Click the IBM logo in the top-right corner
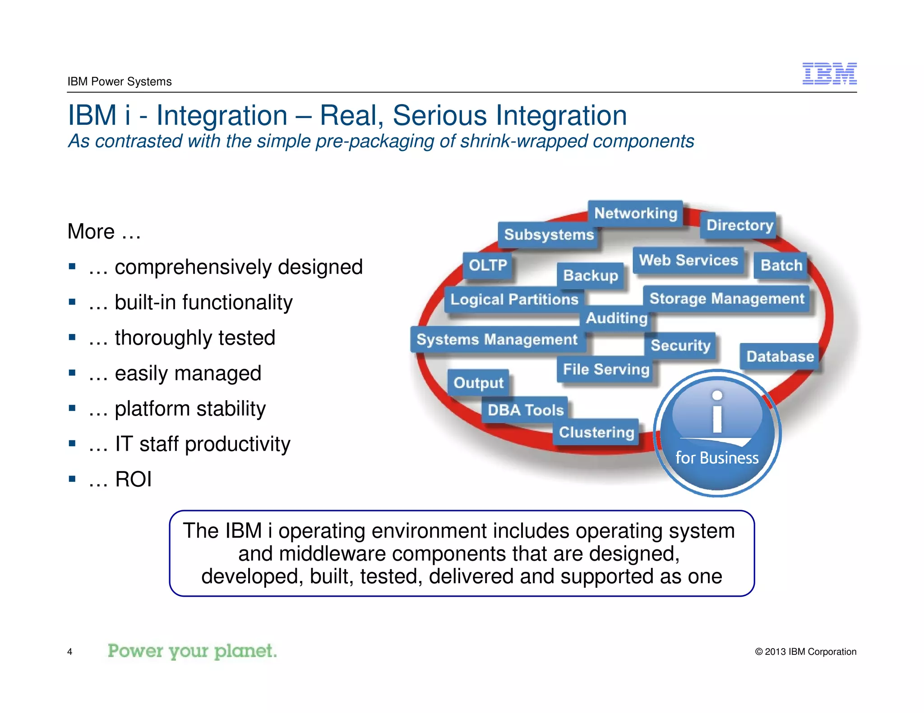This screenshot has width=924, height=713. [829, 73]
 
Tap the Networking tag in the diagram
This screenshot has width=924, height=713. [635, 213]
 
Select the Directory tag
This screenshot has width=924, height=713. [739, 225]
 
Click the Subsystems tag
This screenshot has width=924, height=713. [549, 235]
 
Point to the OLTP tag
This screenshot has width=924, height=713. [488, 265]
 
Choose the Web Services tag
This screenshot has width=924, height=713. [688, 260]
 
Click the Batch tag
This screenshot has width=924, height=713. [781, 265]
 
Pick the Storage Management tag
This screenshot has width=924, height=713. [726, 298]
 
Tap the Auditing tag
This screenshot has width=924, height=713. [616, 318]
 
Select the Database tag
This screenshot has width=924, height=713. [780, 356]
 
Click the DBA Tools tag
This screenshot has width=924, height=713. [526, 410]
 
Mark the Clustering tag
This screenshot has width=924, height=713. [596, 432]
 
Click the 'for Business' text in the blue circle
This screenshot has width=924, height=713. [716, 458]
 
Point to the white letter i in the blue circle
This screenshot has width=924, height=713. [717, 412]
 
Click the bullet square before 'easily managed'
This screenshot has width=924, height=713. [72, 373]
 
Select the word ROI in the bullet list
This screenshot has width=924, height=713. [133, 479]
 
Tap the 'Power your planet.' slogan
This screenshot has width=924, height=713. [192, 651]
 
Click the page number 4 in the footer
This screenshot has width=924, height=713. [69, 652]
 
